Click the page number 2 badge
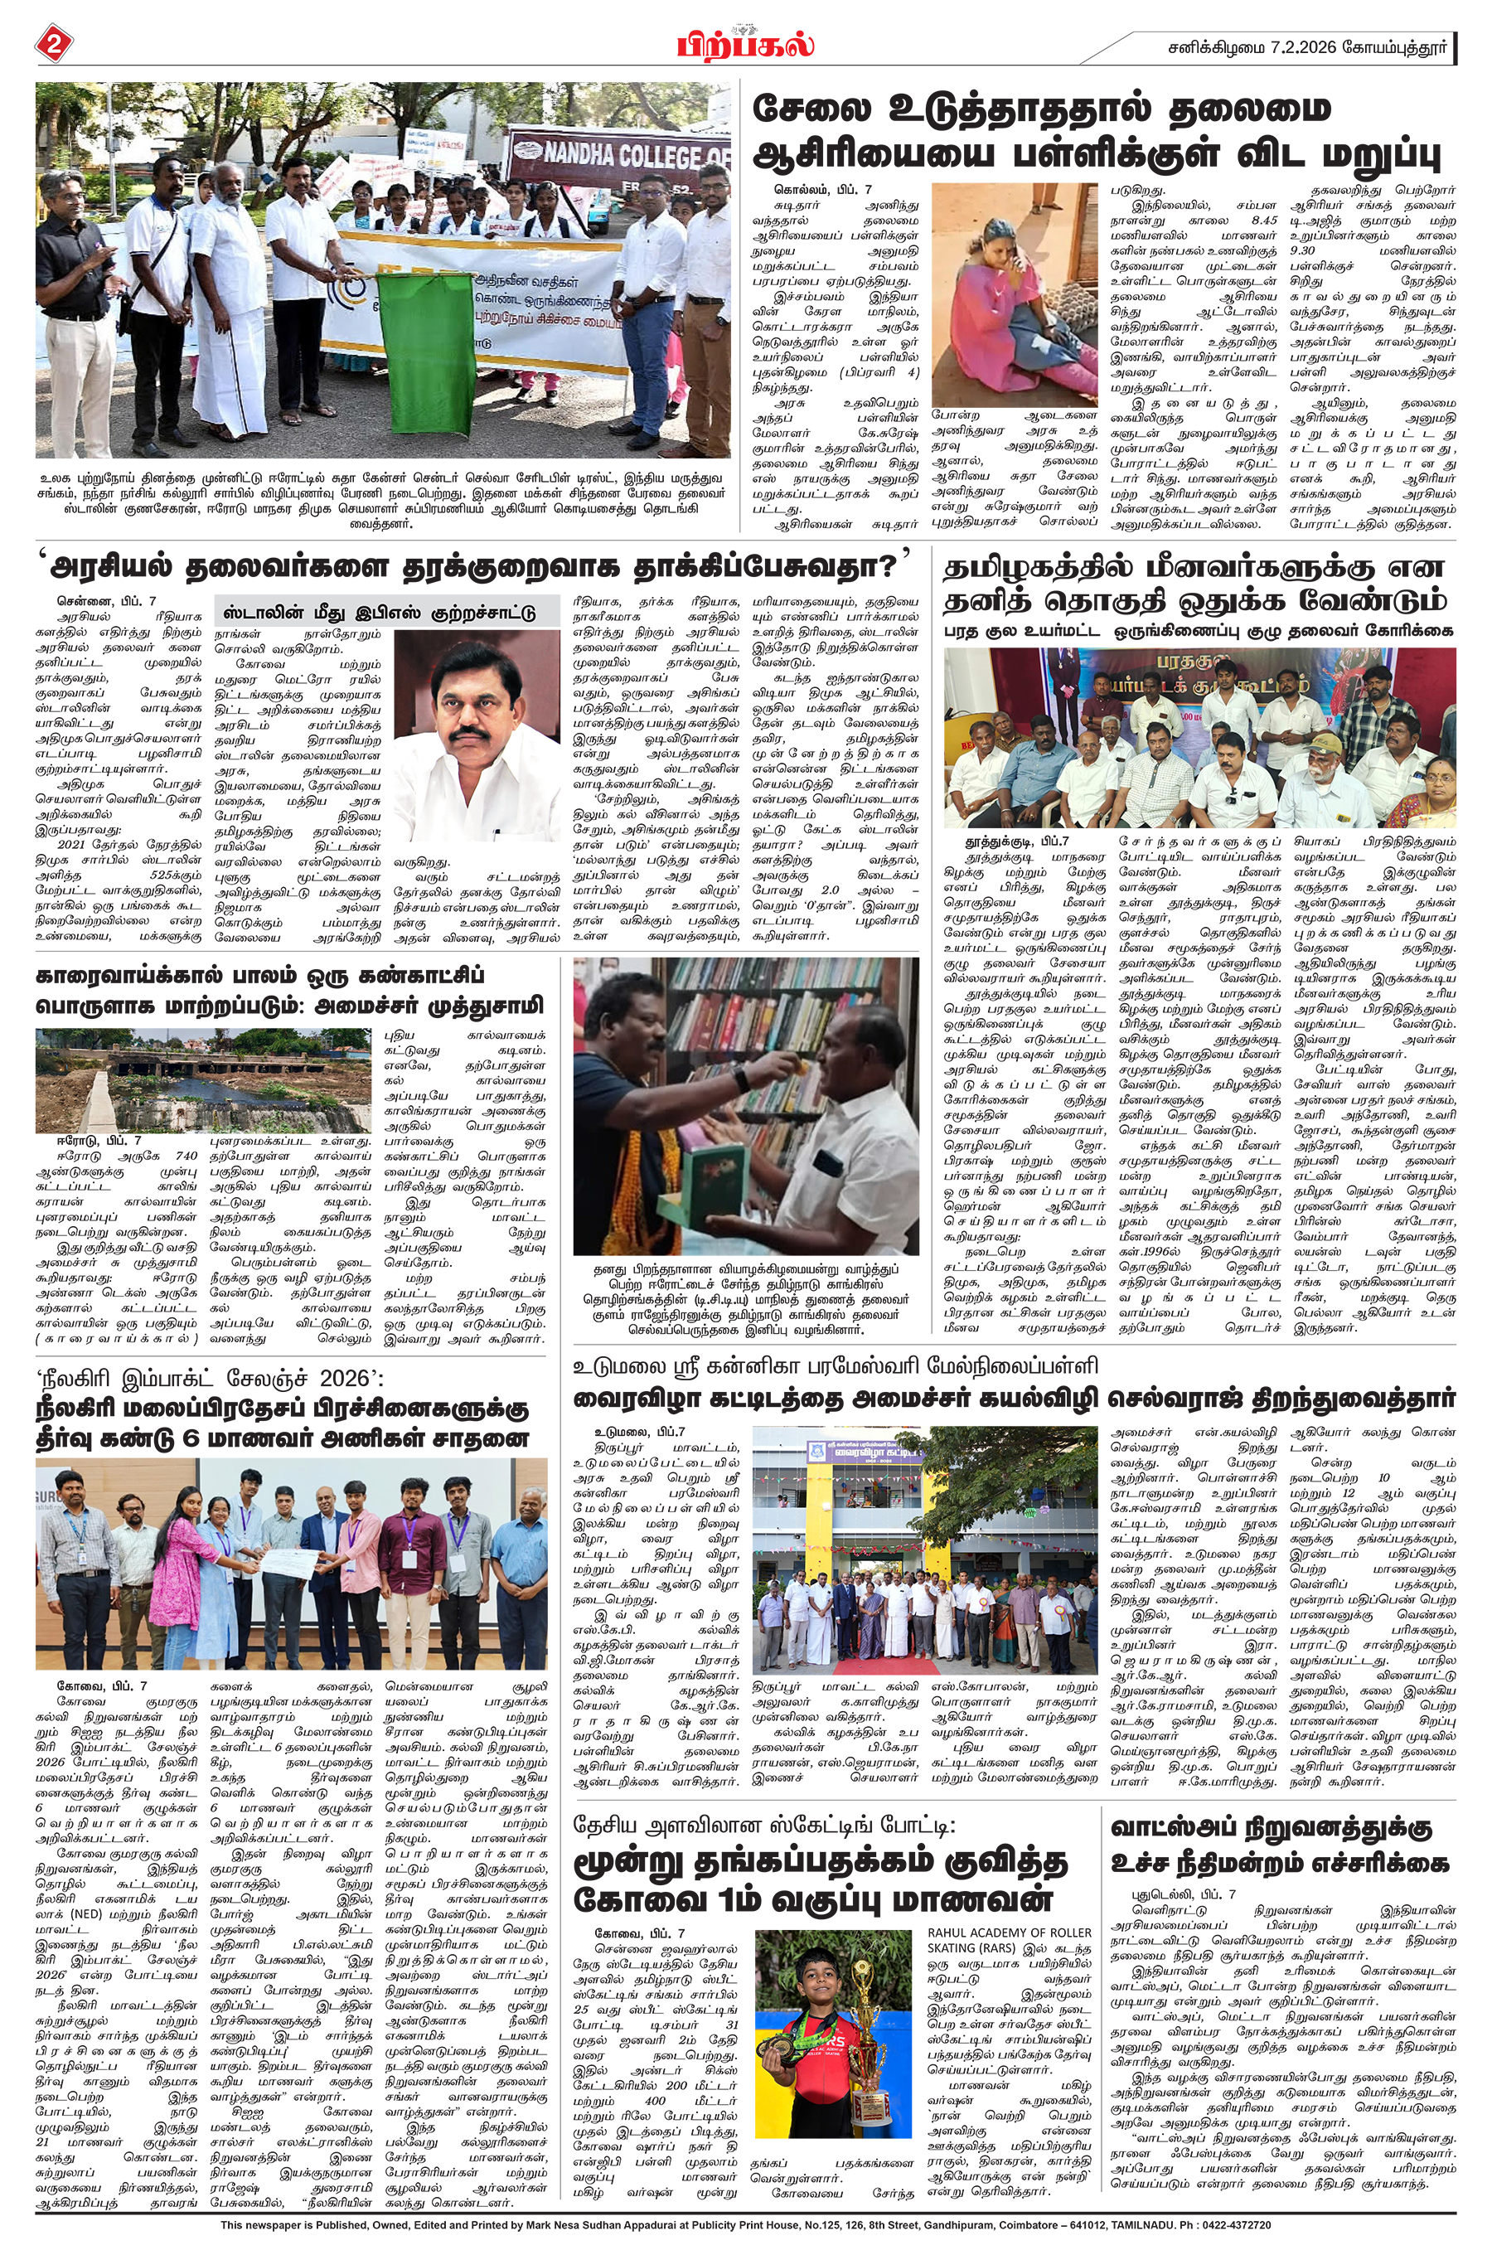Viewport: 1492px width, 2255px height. (54, 45)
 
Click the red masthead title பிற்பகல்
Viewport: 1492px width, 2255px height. (745, 46)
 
